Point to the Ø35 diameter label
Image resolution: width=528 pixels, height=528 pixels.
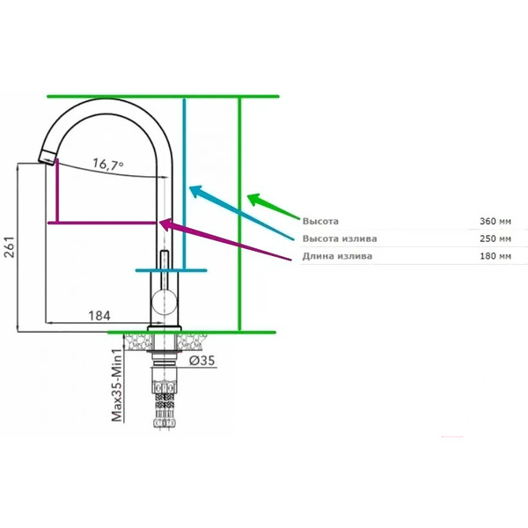tap(202, 359)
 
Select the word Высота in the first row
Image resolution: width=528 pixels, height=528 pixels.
tap(320, 221)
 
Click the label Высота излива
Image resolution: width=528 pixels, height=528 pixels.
tap(339, 238)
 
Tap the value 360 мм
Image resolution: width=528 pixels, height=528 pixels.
tap(493, 221)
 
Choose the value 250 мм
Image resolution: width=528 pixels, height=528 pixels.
tap(493, 238)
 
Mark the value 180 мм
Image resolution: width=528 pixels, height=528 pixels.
tap(493, 256)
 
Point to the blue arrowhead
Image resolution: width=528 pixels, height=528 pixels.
tap(196, 191)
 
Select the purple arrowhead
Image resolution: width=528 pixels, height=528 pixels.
tap(165, 226)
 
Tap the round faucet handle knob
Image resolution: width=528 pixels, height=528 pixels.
tap(163, 302)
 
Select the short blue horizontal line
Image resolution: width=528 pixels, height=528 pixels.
tap(172, 268)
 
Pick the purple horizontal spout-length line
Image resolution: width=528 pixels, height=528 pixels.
tap(106, 223)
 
